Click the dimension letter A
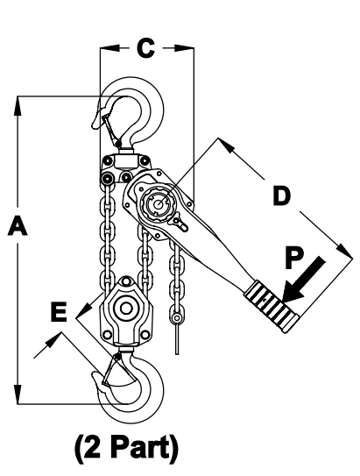[18, 225]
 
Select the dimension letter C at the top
[146, 48]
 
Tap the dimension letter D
[282, 195]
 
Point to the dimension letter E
[59, 311]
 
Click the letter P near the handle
[294, 259]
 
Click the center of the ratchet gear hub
[158, 204]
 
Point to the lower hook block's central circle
[125, 308]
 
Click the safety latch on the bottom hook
[111, 369]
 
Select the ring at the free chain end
[177, 318]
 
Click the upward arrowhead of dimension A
[18, 106]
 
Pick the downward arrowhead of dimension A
[18, 394]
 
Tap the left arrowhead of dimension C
[109, 48]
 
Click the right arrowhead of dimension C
[184, 48]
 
